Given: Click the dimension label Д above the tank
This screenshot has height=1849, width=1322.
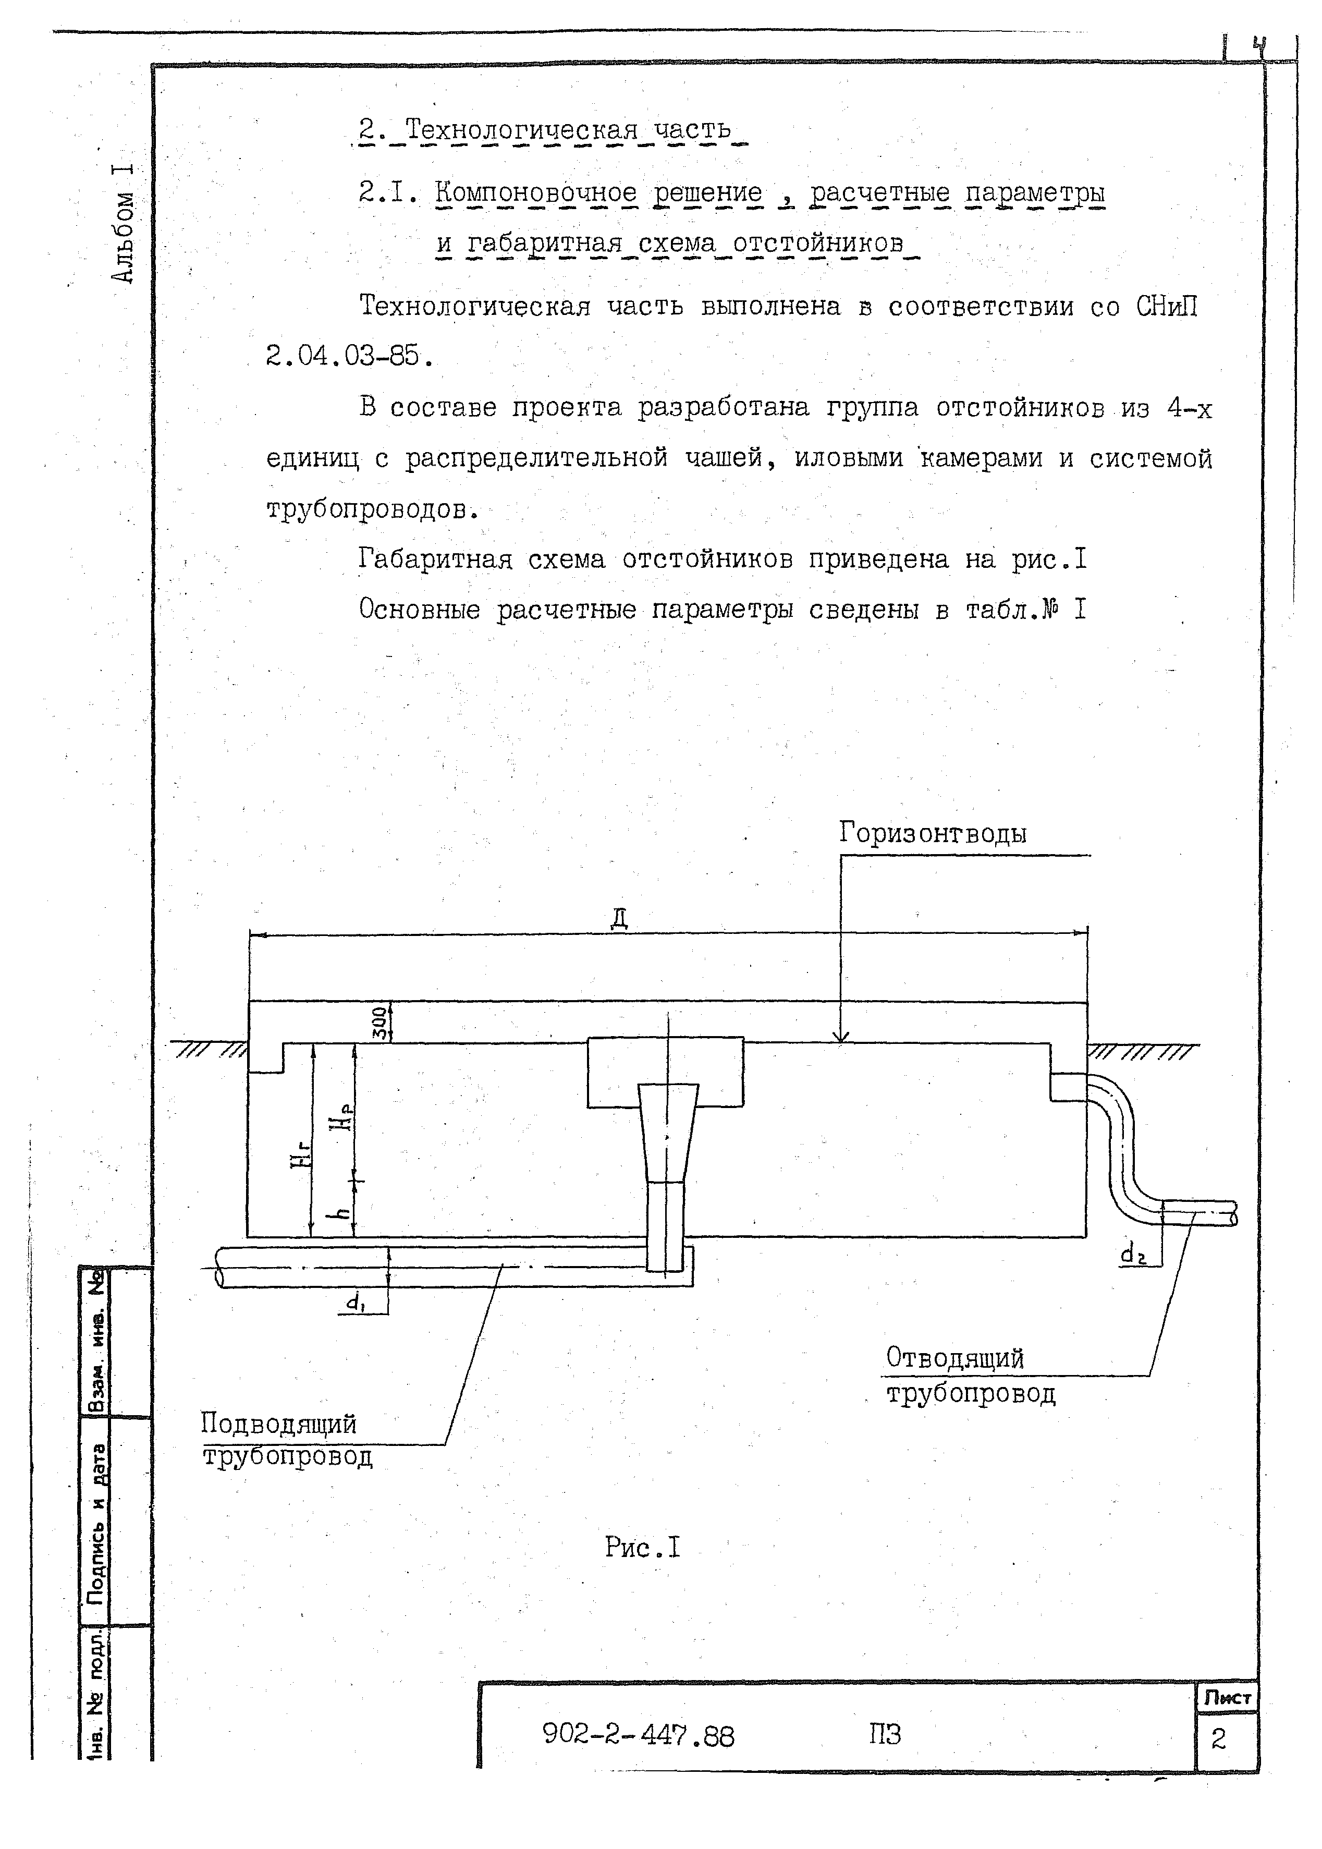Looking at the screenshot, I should pos(619,918).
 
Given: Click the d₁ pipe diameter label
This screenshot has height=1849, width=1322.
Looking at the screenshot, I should pos(355,1303).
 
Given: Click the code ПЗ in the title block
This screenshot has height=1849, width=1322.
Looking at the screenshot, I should pos(885,1734).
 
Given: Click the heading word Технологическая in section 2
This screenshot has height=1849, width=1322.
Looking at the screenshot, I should pos(522,129).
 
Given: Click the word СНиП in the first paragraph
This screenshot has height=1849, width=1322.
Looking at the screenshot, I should pos(1167,307).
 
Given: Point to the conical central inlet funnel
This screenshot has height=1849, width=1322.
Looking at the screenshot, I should pos(667,1132).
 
